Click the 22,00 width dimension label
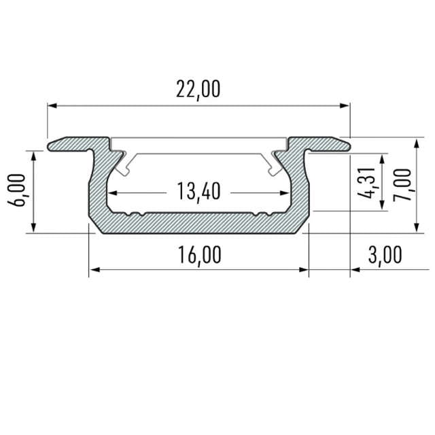(x=198, y=90)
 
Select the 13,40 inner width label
(x=199, y=192)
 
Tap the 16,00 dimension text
(x=199, y=256)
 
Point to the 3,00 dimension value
(x=385, y=256)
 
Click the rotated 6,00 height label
(x=17, y=190)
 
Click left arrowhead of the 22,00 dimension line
(x=52, y=106)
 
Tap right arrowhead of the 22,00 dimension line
(x=345, y=106)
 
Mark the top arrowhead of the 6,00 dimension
(x=33, y=156)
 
